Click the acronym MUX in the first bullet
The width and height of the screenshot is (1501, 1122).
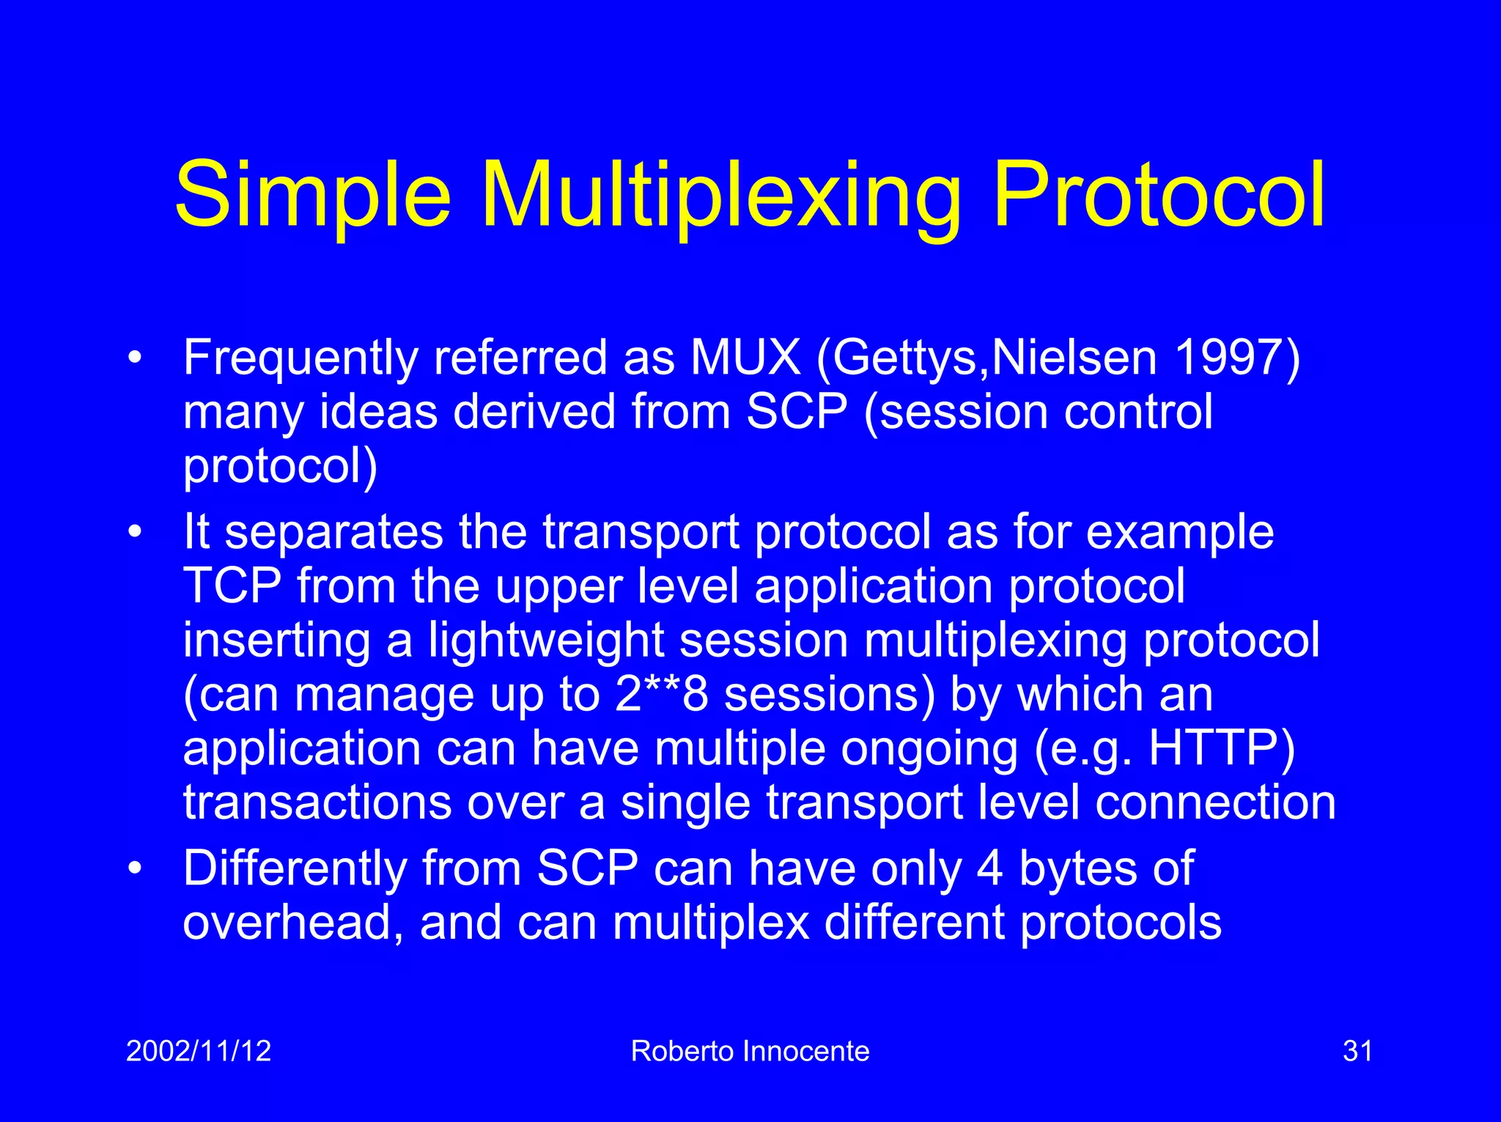pyautogui.click(x=745, y=358)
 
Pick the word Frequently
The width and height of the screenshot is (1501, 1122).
pyautogui.click(x=300, y=359)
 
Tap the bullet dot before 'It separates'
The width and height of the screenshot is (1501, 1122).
pyautogui.click(x=133, y=533)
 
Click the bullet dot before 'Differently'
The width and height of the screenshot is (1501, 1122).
pyautogui.click(x=133, y=868)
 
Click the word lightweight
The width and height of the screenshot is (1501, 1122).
pyautogui.click(x=546, y=641)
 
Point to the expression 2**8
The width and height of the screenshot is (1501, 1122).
pyautogui.click(x=662, y=693)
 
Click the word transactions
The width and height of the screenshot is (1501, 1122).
pyautogui.click(x=317, y=802)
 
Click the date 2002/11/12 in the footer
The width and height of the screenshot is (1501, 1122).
pyautogui.click(x=199, y=1051)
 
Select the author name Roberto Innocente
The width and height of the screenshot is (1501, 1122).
pyautogui.click(x=750, y=1051)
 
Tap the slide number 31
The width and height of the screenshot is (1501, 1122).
pyautogui.click(x=1357, y=1051)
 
